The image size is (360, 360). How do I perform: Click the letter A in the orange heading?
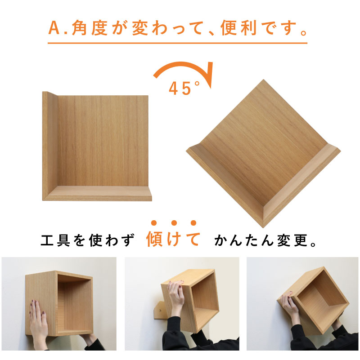(x=54, y=28)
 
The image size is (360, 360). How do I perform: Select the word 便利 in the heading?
(x=238, y=28)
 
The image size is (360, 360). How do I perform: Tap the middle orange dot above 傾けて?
(x=174, y=223)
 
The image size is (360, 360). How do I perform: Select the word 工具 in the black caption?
(x=55, y=240)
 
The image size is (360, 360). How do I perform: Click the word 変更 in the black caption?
(x=292, y=240)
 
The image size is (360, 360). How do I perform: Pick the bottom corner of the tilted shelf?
(x=263, y=227)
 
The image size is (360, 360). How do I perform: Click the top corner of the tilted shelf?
(x=263, y=80)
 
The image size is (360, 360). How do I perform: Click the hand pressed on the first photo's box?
(x=38, y=322)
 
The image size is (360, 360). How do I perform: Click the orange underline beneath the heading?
(x=177, y=43)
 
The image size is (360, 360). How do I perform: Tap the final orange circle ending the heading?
(x=304, y=33)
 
